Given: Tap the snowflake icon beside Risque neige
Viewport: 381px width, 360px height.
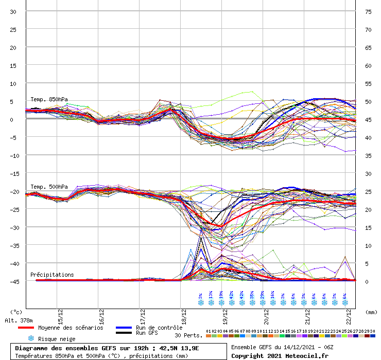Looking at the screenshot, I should (30, 338).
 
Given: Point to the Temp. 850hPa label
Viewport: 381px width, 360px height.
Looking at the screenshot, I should (49, 99).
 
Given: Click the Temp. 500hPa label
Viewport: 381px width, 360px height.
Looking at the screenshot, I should (49, 187).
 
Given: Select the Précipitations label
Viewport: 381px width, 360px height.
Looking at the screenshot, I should (52, 275).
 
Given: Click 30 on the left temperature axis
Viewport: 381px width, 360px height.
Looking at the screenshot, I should (13, 12).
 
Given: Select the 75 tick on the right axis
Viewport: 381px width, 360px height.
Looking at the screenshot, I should (368, 12).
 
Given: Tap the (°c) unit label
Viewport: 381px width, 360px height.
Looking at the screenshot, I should (16, 312).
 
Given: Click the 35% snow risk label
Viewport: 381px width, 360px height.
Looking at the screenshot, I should (252, 296).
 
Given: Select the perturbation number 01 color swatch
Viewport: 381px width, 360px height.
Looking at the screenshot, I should (208, 336).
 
